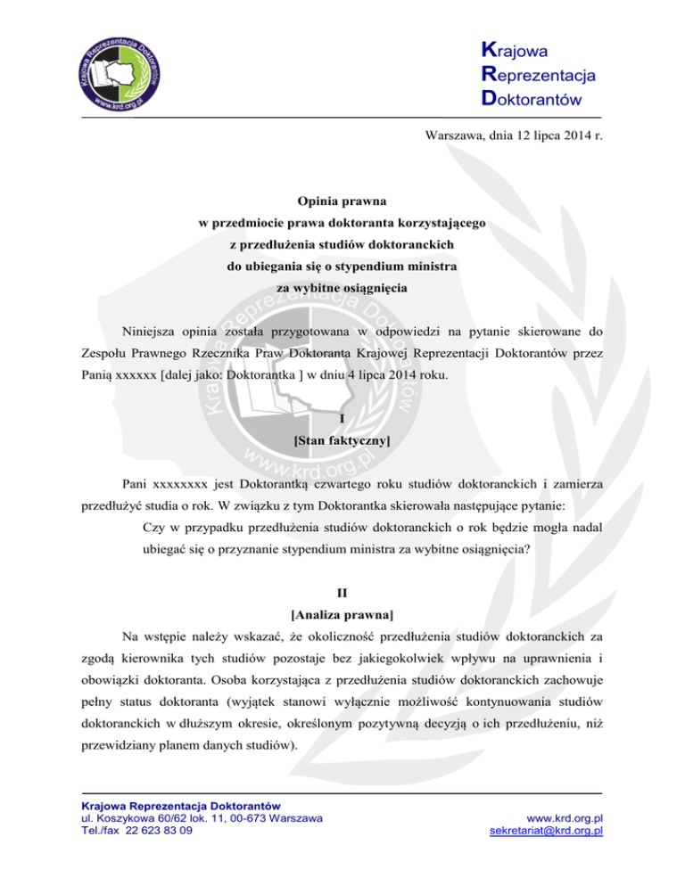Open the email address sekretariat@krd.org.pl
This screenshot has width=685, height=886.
[547, 831]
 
